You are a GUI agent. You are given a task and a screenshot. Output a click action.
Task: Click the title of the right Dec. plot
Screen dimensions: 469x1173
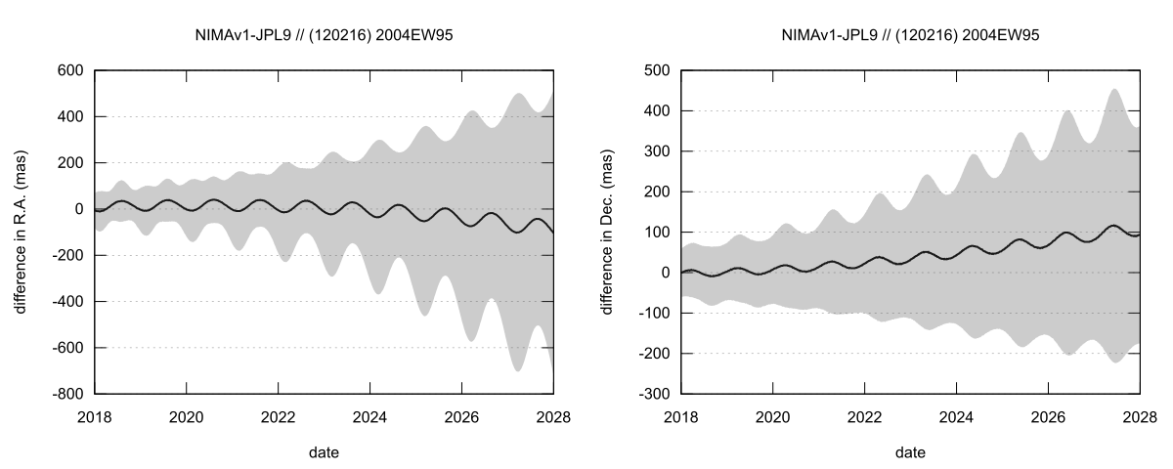point(910,35)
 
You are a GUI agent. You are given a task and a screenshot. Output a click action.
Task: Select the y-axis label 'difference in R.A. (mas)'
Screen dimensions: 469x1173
point(21,232)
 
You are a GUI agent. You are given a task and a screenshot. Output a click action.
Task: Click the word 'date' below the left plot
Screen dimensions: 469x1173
point(324,452)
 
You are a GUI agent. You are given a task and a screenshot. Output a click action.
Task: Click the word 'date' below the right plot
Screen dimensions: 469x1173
point(910,452)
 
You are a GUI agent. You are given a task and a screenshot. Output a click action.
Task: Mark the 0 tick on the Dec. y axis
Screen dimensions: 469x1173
point(667,273)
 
